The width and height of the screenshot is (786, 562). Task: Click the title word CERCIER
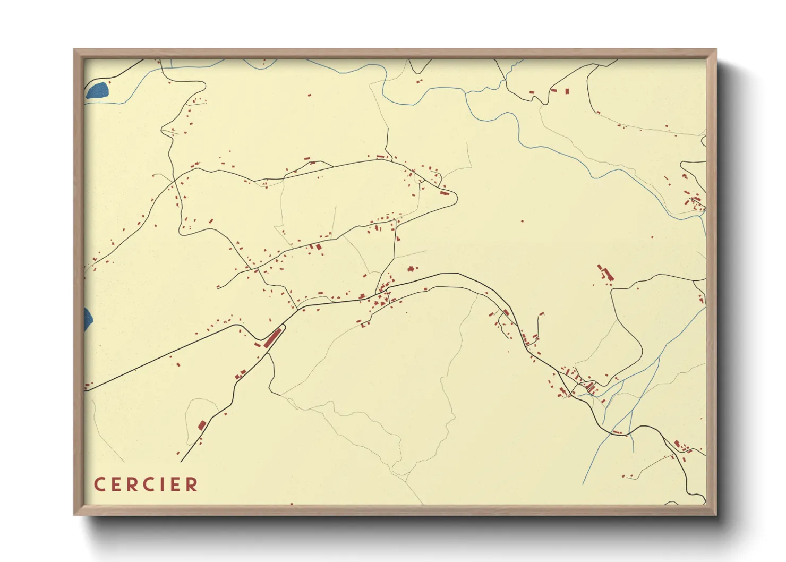146,484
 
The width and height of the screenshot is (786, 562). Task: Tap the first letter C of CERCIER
99,484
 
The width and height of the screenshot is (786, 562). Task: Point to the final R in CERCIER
192,484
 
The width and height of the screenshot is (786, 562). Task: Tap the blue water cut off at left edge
88,319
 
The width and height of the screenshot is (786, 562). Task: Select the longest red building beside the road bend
272,338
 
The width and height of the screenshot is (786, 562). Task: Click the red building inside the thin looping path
202,425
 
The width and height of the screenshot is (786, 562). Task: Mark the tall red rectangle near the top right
567,91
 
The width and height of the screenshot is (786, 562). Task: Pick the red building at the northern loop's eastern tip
445,193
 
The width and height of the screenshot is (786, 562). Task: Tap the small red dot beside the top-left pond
109,82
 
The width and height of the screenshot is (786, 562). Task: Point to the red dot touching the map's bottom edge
292,504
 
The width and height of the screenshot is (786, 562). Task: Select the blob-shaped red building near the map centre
412,269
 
